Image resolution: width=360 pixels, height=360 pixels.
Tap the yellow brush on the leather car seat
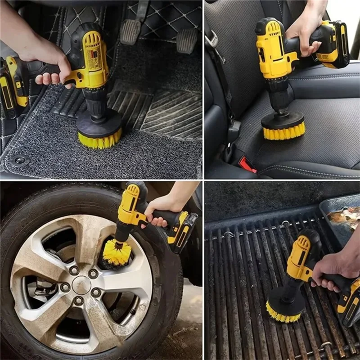point(283,132)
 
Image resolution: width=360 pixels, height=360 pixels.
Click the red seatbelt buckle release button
point(247,164)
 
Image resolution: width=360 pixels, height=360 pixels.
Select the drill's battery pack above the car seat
point(333,45)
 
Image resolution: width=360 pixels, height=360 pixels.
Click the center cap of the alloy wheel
point(81,285)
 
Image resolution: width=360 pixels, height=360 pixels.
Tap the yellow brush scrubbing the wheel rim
point(116,252)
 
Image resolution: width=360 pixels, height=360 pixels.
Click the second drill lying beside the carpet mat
point(13,85)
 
